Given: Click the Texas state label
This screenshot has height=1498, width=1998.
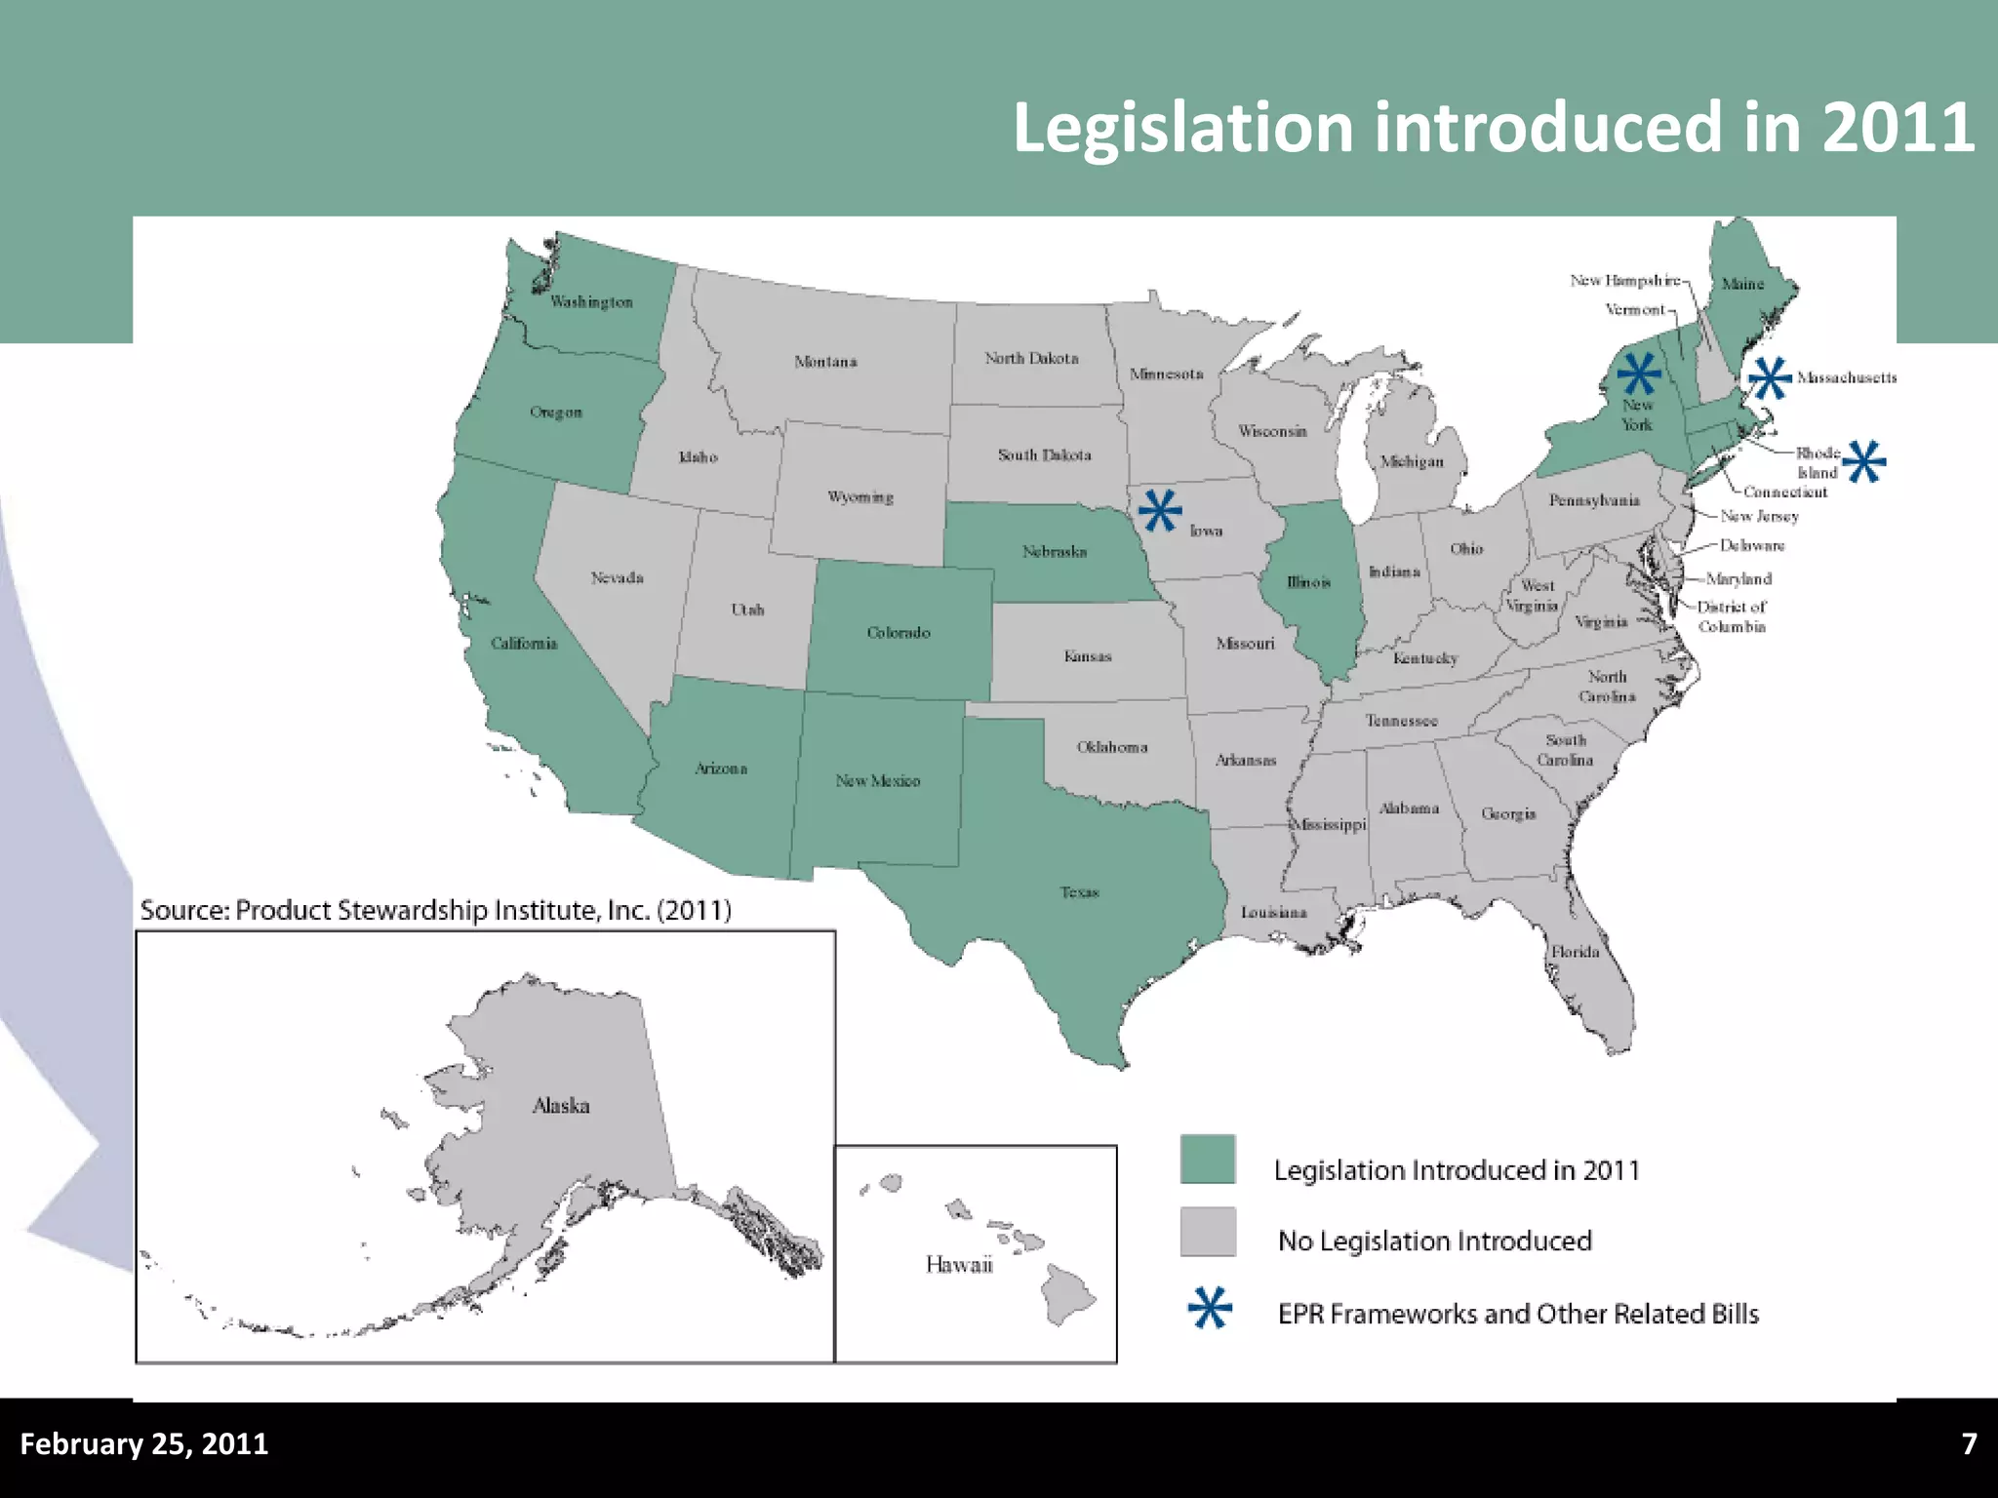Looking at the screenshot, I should (x=1079, y=892).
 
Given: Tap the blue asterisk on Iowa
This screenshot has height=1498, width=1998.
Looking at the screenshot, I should (x=1159, y=510).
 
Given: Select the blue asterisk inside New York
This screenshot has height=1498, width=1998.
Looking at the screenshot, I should (x=1639, y=374).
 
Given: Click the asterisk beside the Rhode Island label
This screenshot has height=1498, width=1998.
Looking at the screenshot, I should (x=1864, y=461).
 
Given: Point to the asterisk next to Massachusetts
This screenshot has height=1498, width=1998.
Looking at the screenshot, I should (x=1770, y=377).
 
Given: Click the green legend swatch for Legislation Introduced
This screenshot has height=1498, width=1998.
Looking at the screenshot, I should (x=1208, y=1159).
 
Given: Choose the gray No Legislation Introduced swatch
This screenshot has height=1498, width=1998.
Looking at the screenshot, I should (x=1208, y=1232).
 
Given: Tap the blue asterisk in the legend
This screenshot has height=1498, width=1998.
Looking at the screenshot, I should (x=1210, y=1308).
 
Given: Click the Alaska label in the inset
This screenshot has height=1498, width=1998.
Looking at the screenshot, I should (x=561, y=1106).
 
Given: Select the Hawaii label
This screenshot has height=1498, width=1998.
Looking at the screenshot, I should (x=959, y=1265).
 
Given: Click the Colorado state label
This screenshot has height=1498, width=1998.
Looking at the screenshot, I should (x=899, y=633).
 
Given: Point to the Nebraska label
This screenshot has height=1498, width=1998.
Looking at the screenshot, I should (x=1055, y=552).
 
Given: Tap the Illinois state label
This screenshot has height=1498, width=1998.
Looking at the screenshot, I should (x=1308, y=582).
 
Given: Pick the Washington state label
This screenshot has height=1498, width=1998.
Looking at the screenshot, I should (x=591, y=302).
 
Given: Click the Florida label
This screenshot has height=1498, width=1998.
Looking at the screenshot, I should (x=1576, y=952).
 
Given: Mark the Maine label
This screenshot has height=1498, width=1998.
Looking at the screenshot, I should (x=1742, y=284).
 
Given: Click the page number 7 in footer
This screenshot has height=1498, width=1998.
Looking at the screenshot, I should (x=1969, y=1443).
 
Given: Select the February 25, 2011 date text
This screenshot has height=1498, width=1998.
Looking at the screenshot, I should (x=144, y=1443).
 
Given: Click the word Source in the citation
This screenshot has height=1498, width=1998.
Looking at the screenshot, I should (x=183, y=911).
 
